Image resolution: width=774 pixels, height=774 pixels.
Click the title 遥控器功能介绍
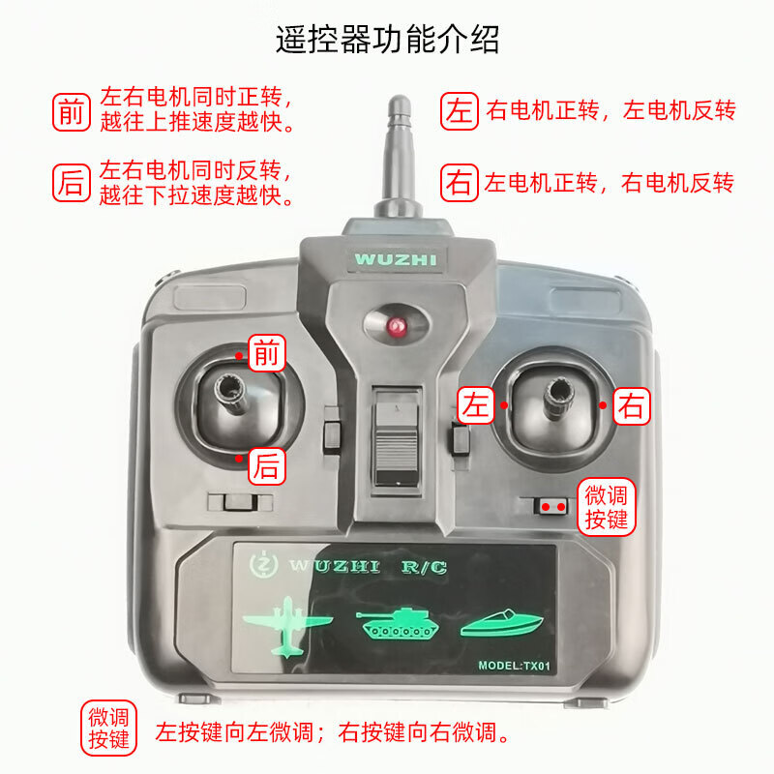(387, 40)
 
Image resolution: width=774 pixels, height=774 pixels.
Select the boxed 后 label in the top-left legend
(71, 183)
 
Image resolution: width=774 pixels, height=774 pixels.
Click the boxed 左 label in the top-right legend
(459, 110)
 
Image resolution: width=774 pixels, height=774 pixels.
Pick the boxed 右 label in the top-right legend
(459, 182)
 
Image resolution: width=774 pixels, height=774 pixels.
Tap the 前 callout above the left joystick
(267, 355)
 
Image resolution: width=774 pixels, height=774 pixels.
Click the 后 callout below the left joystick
(267, 466)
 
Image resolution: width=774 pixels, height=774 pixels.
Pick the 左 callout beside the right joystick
(476, 404)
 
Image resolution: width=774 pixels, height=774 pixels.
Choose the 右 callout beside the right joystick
(631, 404)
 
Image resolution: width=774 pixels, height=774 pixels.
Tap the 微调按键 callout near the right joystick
(607, 507)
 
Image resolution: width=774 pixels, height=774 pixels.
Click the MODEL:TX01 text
(514, 666)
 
